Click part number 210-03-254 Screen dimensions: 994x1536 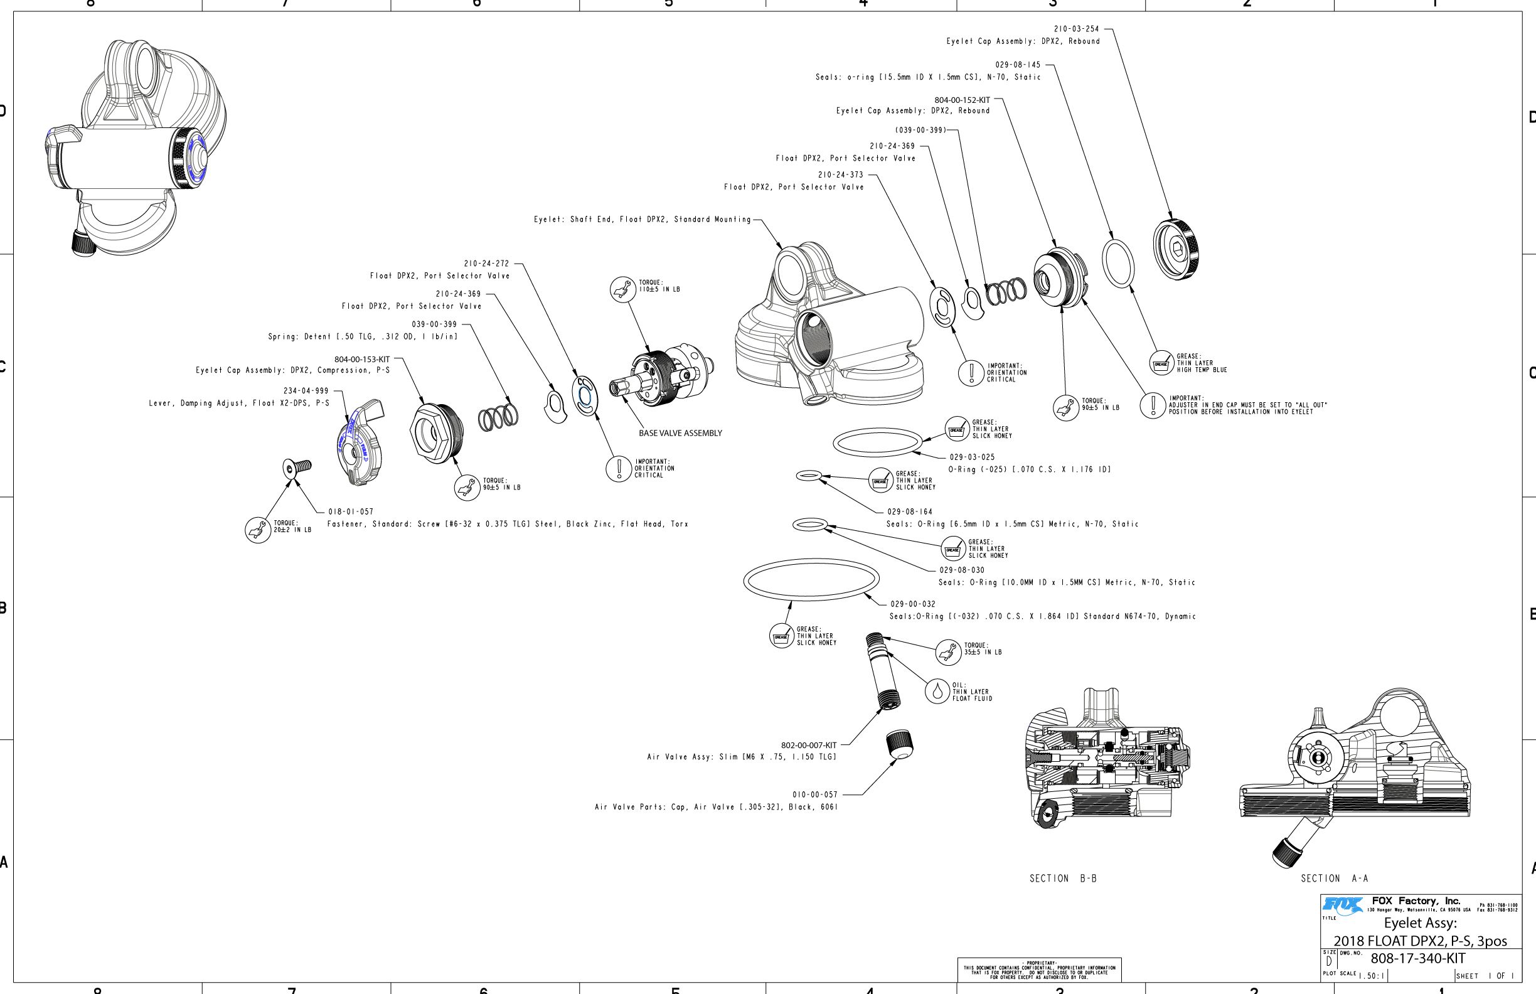[x=1076, y=29]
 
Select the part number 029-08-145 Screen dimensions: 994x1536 [x=1018, y=65]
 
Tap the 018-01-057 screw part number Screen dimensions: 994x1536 [x=351, y=512]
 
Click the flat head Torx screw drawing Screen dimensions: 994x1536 [x=296, y=468]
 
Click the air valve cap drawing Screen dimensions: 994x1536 [x=900, y=744]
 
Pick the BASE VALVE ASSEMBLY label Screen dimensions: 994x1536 [x=680, y=433]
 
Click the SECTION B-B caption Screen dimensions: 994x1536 [x=1063, y=879]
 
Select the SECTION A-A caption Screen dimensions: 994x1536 [x=1334, y=879]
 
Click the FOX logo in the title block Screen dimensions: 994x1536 [x=1342, y=905]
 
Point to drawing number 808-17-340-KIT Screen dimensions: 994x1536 [x=1418, y=958]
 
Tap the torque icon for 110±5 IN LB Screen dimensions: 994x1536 [x=623, y=289]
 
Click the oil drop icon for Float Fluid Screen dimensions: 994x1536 [x=937, y=692]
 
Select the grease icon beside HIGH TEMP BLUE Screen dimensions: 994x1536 [x=1161, y=363]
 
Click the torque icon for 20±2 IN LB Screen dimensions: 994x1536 [x=257, y=530]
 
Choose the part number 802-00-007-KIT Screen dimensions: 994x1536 [x=808, y=745]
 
